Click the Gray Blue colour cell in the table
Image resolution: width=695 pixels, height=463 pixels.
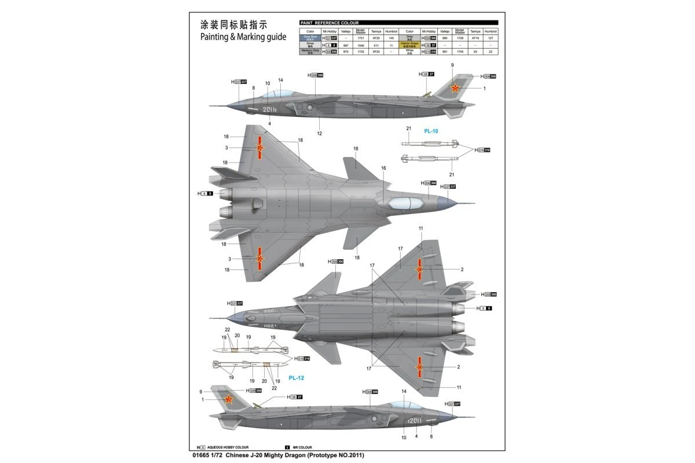310,38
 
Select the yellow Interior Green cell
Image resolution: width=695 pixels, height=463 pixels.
409,45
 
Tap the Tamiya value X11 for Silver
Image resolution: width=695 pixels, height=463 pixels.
376,45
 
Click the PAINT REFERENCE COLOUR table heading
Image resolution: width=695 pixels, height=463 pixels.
329,23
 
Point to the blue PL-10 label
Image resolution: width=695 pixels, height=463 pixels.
431,131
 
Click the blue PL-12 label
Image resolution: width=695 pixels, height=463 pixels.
297,377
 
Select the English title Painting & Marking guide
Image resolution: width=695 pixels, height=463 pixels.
243,37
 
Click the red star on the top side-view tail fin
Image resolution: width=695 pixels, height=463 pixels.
455,89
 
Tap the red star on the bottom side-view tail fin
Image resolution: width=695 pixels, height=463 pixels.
228,399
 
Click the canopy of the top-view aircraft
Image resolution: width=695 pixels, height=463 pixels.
404,203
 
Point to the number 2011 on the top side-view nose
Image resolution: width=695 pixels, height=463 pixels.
269,109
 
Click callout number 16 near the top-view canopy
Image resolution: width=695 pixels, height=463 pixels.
383,168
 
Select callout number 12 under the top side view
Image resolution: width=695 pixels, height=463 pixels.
320,134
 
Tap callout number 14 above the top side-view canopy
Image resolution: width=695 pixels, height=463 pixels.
280,80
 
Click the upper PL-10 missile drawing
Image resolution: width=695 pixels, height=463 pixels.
429,143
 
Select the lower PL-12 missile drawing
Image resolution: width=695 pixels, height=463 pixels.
249,365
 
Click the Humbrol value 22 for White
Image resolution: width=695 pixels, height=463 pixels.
491,52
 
